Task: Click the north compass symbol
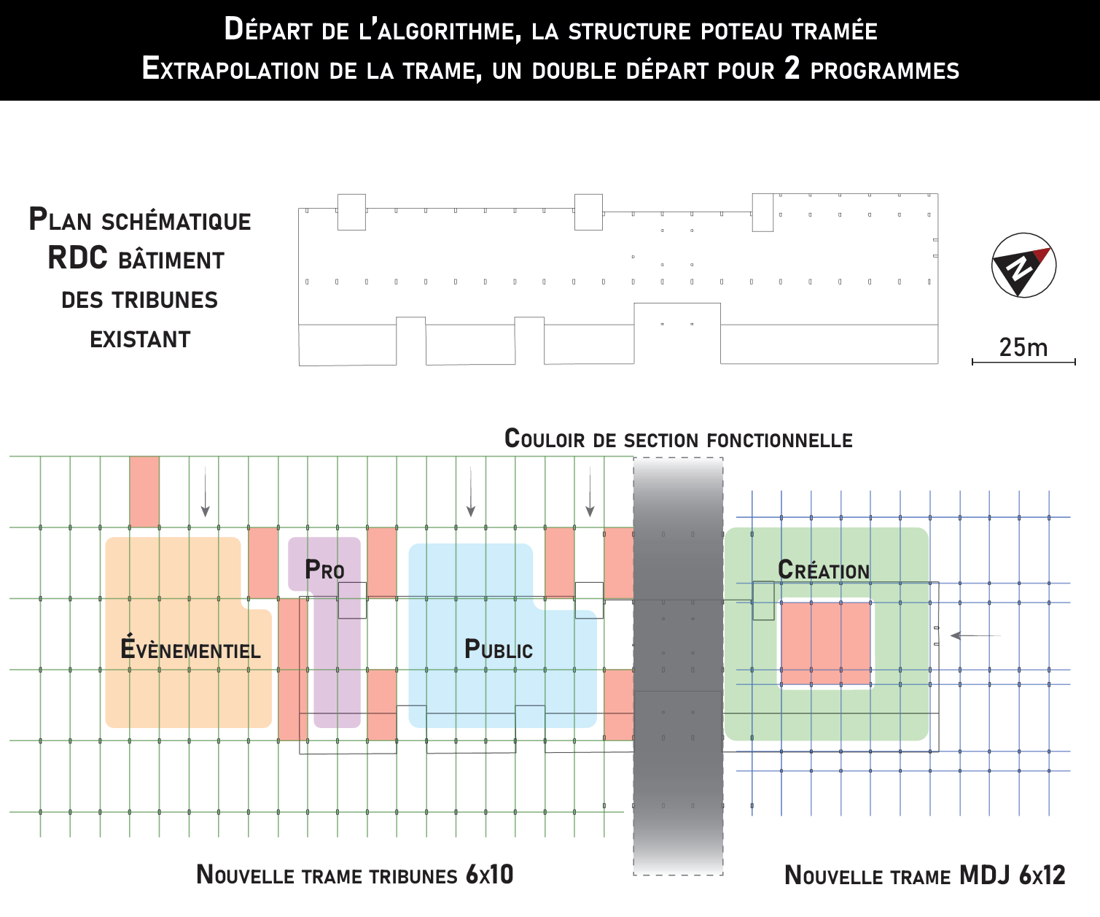tap(1023, 265)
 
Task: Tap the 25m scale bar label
tap(1023, 347)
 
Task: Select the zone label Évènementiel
tap(190, 649)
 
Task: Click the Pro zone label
tap(324, 569)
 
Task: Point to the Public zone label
tap(499, 649)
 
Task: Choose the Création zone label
tap(824, 570)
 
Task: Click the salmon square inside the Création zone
tap(826, 643)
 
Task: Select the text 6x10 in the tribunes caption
tap(489, 874)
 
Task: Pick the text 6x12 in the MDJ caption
tap(1042, 875)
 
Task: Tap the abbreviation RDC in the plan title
tap(77, 258)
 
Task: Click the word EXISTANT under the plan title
tap(140, 339)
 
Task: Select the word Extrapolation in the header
tap(230, 69)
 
